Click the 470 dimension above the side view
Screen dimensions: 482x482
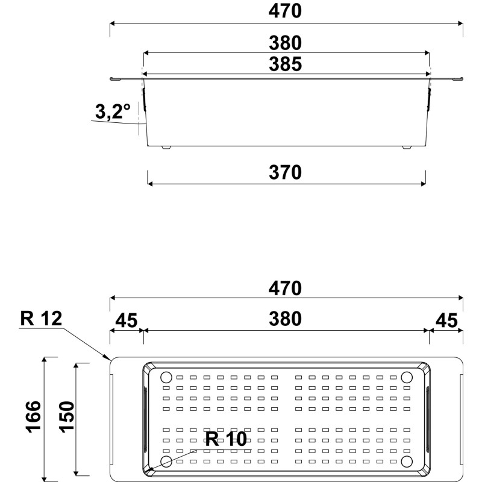pyautogui.click(x=286, y=11)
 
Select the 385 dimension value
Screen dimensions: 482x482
pyautogui.click(x=286, y=63)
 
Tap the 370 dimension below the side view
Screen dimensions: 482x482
pyautogui.click(x=286, y=172)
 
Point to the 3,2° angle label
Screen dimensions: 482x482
pyautogui.click(x=113, y=111)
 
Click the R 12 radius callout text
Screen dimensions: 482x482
pyautogui.click(x=41, y=319)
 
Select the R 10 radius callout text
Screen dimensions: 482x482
pyautogui.click(x=226, y=439)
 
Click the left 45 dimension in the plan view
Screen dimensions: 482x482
pyautogui.click(x=126, y=319)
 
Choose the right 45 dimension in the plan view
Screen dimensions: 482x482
pyautogui.click(x=446, y=319)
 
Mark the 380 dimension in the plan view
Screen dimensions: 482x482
pyautogui.click(x=286, y=319)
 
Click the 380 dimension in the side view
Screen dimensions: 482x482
pyautogui.click(x=286, y=43)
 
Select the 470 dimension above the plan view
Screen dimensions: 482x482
pyautogui.click(x=286, y=288)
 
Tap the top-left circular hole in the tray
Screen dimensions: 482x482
pyautogui.click(x=166, y=378)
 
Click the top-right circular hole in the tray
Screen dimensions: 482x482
pyautogui.click(x=407, y=378)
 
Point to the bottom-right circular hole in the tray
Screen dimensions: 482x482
pyautogui.click(x=407, y=462)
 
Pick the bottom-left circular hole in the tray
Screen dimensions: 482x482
pyautogui.click(x=166, y=462)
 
